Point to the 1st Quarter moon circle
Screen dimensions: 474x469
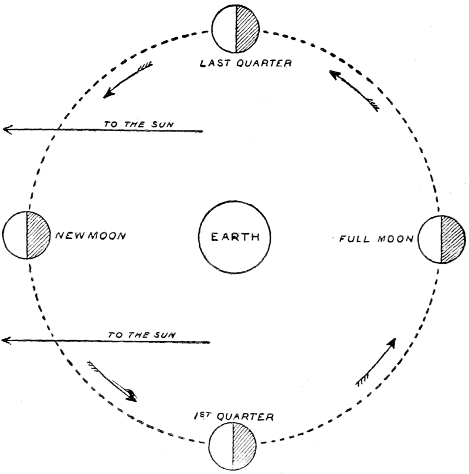click(x=233, y=445)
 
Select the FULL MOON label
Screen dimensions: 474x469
click(x=376, y=240)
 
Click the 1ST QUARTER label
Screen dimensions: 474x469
click(x=233, y=417)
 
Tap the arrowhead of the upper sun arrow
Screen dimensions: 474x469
click(x=7, y=130)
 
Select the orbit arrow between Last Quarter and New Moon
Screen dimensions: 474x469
click(x=128, y=81)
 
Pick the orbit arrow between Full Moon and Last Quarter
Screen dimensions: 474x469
click(x=353, y=90)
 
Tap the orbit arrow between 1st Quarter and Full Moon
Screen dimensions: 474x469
click(x=376, y=362)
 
